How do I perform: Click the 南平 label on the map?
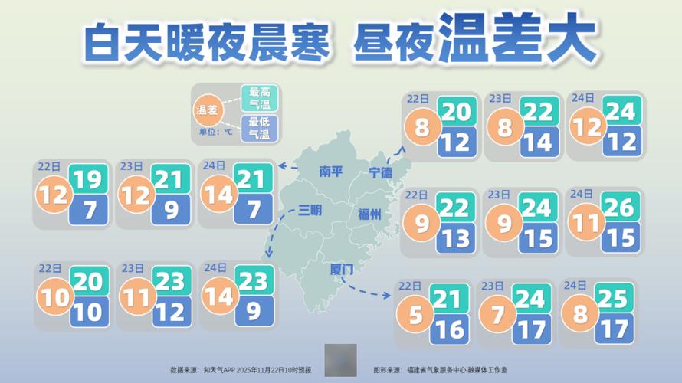pos(331,173)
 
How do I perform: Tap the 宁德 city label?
pos(380,173)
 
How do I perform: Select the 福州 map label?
pos(369,215)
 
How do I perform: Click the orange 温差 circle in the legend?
pos(208,111)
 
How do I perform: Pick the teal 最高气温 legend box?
pos(260,97)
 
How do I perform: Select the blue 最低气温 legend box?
pos(260,128)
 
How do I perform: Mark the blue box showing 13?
pos(454,238)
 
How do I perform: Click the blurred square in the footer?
pos(340,360)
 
